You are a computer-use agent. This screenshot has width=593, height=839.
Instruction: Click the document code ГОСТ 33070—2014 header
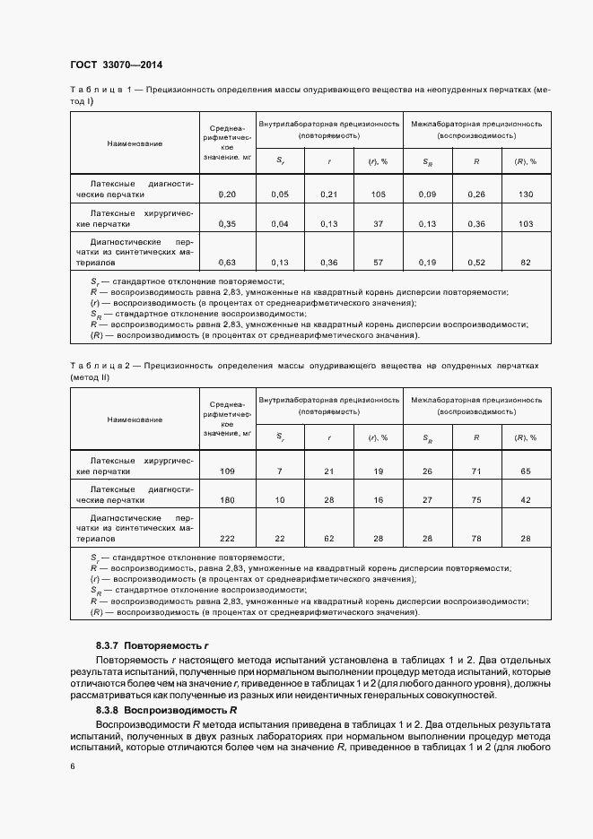pyautogui.click(x=115, y=65)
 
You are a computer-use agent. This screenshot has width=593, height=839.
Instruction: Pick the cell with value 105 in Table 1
pyautogui.click(x=377, y=195)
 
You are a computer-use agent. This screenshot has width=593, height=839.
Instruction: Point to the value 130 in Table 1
pyautogui.click(x=525, y=195)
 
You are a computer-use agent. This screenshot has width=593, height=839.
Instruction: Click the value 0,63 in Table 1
pyautogui.click(x=227, y=263)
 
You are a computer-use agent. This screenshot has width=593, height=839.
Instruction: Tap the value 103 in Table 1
pyautogui.click(x=525, y=224)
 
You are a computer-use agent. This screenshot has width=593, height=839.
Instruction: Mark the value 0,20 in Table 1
pyautogui.click(x=227, y=195)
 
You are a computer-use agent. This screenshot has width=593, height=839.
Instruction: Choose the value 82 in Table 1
pyautogui.click(x=525, y=263)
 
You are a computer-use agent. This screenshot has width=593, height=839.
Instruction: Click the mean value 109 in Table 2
pyautogui.click(x=227, y=471)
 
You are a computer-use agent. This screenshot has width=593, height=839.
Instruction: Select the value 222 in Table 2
pyautogui.click(x=227, y=538)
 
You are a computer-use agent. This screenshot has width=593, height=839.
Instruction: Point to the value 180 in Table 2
pyautogui.click(x=227, y=500)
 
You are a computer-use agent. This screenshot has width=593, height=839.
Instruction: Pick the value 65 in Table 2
pyautogui.click(x=525, y=471)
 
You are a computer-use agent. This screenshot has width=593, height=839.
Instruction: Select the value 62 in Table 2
pyautogui.click(x=328, y=538)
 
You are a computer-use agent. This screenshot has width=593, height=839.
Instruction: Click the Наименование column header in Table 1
pyautogui.click(x=135, y=143)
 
